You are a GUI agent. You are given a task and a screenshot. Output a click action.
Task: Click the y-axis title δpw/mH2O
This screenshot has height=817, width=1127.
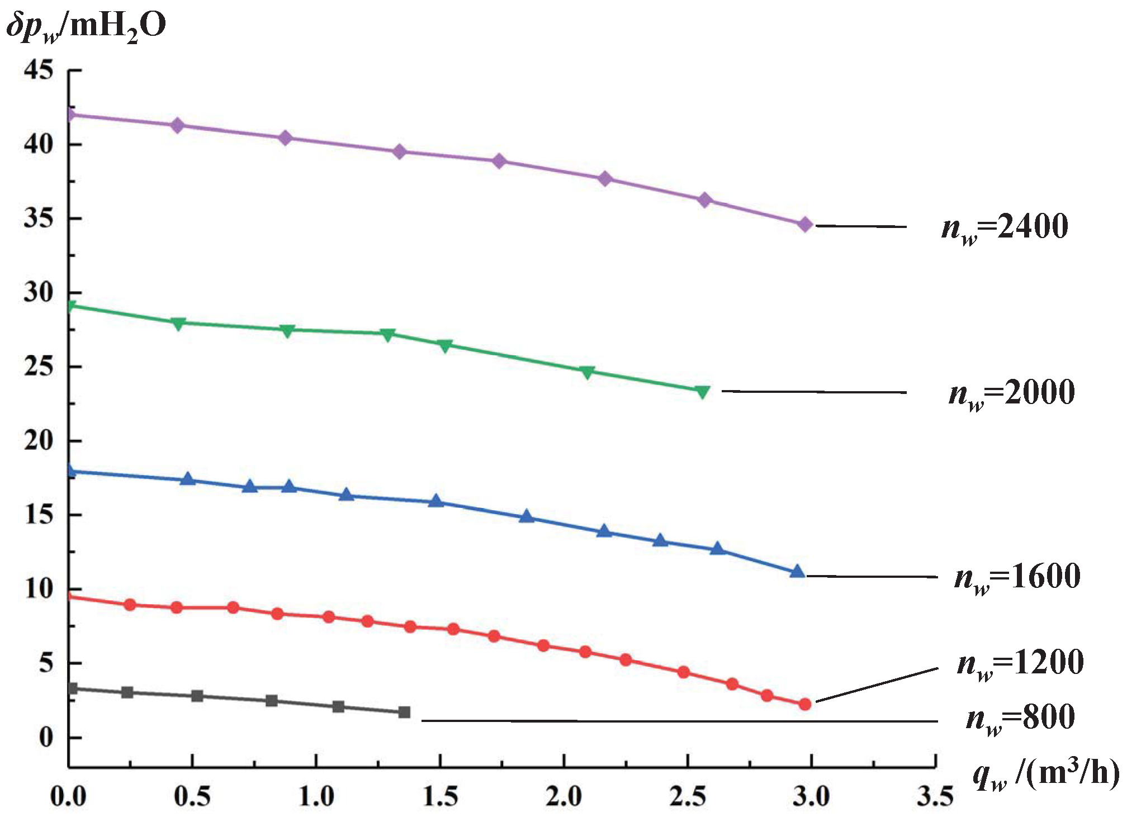(x=87, y=27)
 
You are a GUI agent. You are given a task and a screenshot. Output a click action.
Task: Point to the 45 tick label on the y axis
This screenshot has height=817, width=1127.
(x=39, y=70)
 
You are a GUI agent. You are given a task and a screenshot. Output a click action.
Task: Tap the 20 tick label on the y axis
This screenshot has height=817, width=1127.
(x=39, y=441)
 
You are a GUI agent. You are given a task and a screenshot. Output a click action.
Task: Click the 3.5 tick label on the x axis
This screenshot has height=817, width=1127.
(x=935, y=796)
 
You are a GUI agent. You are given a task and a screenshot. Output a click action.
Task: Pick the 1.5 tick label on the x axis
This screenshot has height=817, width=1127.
(x=440, y=796)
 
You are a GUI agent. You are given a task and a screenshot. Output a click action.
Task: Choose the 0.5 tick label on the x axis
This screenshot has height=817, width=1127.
(x=192, y=796)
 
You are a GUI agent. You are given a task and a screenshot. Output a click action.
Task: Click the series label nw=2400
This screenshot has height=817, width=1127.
(x=1005, y=228)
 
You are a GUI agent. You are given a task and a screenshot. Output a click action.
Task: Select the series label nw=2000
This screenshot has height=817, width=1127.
(x=1011, y=393)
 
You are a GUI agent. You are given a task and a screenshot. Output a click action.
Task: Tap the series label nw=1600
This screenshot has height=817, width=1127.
(x=1017, y=577)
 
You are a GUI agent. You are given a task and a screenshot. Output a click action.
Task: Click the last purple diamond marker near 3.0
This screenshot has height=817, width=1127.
(x=805, y=225)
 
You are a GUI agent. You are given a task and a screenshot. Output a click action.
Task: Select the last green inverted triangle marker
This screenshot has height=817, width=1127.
(x=703, y=391)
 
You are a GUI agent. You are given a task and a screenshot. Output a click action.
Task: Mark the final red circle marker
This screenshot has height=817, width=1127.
(x=805, y=704)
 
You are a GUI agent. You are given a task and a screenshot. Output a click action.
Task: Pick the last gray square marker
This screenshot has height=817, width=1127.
(x=404, y=712)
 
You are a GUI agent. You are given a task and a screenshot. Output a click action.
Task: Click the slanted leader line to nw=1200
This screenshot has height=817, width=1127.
(x=877, y=685)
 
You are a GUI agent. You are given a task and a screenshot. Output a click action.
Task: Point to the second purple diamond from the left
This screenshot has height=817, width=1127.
(x=178, y=125)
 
